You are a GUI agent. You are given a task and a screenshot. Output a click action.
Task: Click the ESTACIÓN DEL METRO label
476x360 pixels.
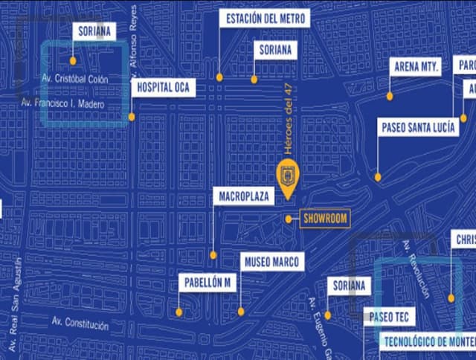point(264,18)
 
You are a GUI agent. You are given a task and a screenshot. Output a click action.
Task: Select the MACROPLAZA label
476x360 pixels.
point(243,196)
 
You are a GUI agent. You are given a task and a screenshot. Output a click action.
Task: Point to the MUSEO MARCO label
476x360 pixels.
point(271,262)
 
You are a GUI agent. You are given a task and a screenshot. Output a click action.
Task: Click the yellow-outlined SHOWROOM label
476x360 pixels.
point(325,218)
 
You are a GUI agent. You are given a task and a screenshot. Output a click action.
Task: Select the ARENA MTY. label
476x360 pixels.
point(416,66)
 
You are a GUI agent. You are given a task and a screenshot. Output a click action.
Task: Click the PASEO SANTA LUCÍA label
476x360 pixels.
point(418,127)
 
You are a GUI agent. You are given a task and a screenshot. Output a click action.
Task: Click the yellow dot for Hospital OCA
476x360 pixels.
point(132,117)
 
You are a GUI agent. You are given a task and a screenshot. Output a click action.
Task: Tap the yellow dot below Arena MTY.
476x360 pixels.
point(390,96)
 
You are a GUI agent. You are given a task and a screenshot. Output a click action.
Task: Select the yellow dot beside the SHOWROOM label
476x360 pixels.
point(289,219)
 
